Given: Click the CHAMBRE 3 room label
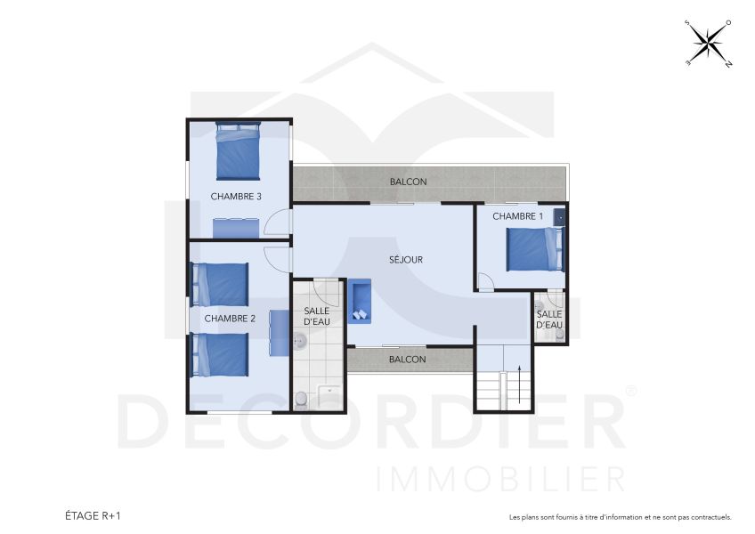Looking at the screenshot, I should point(236,197).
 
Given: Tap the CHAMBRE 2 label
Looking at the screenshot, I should point(230,319).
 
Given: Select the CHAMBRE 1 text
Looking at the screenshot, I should point(517,216).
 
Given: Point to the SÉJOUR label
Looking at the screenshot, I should point(406,260).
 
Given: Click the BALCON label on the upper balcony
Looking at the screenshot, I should point(408,182).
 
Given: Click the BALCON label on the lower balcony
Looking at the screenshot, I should point(408,360).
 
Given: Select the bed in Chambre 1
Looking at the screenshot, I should point(535,249).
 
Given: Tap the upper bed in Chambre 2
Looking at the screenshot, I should point(220,285).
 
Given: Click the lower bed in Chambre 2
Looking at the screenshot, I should point(220,354).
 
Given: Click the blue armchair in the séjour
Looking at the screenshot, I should point(360,300).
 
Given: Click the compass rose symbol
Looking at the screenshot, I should point(708,44).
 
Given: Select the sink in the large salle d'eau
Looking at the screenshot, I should point(300,341).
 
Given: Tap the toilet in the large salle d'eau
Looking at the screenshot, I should point(302,399).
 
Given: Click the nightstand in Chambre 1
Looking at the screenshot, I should point(558,216).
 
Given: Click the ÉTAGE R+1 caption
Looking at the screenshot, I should point(93,515).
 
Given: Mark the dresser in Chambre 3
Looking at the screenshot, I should point(236,229).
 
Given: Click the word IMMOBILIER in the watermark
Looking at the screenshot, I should point(501,478).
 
